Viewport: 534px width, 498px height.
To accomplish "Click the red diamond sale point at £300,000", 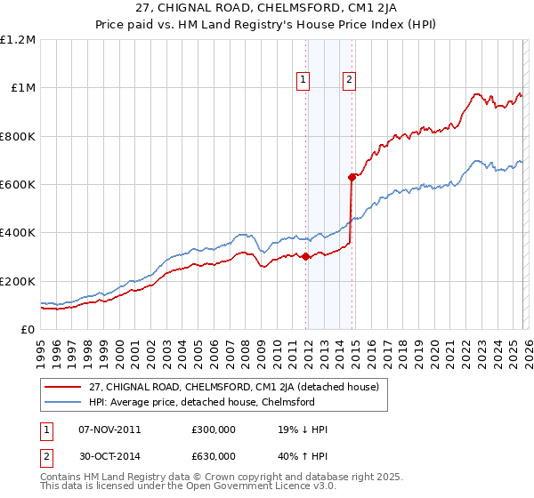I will [x=305, y=257].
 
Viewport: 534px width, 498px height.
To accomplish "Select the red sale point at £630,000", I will [x=352, y=177].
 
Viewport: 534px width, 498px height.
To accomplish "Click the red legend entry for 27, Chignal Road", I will [x=234, y=387].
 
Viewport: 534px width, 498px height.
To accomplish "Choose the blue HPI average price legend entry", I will [x=201, y=402].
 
